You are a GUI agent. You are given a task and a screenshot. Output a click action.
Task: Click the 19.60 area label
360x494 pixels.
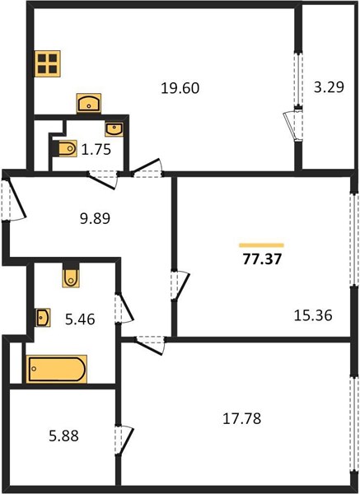[180, 88]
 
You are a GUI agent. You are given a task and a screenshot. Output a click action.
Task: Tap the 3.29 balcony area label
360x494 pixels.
[329, 87]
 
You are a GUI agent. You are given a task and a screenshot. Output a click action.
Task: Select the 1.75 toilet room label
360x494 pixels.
[96, 150]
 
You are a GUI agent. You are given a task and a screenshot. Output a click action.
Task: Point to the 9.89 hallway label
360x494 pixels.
[95, 218]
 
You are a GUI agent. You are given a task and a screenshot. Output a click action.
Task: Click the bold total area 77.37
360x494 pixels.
[262, 260]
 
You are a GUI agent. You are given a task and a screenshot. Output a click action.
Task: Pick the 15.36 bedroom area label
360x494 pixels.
[313, 315]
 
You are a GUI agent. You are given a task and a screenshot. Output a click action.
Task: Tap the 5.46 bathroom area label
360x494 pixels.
[80, 319]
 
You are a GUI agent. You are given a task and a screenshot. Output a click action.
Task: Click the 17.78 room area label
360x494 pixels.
[242, 419]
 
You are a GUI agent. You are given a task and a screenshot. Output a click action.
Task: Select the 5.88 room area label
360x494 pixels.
[63, 436]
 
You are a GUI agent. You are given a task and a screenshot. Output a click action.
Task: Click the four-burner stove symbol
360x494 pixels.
[48, 63]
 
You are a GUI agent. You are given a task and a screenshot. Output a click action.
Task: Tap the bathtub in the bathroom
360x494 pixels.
[56, 369]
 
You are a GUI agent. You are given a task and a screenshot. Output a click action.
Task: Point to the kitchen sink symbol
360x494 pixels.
[89, 103]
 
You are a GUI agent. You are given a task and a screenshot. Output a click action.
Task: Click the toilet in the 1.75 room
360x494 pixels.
[65, 148]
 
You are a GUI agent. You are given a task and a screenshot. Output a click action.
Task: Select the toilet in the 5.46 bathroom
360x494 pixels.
[71, 276]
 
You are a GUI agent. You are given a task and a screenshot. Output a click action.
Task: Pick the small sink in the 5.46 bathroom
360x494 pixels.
[43, 317]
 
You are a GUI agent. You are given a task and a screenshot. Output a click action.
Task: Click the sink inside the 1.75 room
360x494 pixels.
[114, 129]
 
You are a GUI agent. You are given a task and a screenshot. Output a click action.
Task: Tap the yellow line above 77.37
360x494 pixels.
[262, 245]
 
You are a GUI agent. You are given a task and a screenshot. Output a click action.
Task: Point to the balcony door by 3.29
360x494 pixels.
[292, 127]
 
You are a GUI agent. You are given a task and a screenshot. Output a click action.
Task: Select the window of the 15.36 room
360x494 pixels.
[355, 239]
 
